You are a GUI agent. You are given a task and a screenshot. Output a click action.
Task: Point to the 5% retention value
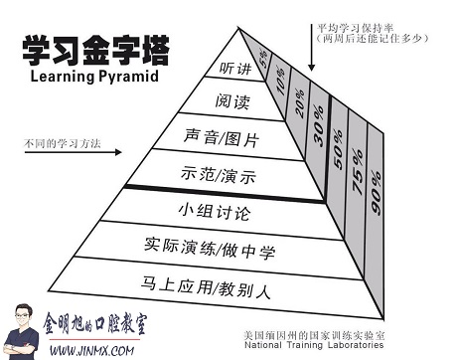(262, 58)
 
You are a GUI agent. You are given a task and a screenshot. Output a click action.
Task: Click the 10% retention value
(282, 78)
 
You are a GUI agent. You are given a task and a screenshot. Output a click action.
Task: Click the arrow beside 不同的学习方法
(107, 153)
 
